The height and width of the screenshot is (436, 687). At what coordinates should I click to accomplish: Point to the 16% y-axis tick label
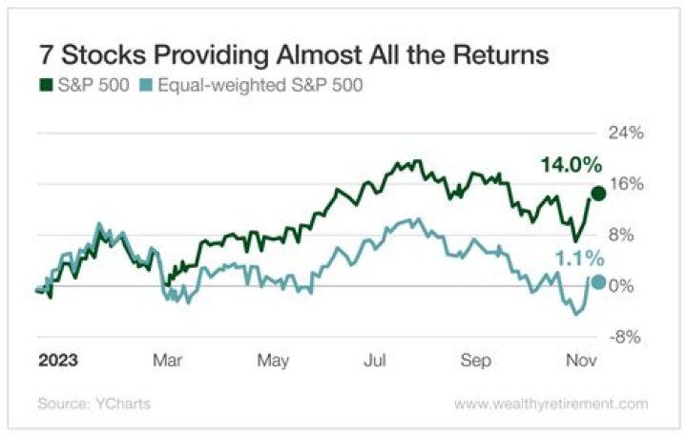pyautogui.click(x=627, y=184)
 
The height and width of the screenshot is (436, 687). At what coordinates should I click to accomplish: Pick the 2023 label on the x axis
pyautogui.click(x=57, y=362)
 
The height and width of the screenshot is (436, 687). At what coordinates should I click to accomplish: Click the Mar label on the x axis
pyautogui.click(x=168, y=362)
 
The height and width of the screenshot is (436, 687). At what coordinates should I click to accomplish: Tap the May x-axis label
pyautogui.click(x=273, y=362)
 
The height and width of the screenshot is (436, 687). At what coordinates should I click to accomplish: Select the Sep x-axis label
pyautogui.click(x=476, y=362)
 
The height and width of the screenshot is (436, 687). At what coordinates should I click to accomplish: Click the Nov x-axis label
pyautogui.click(x=582, y=362)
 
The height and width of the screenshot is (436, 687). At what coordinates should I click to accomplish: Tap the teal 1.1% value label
pyautogui.click(x=579, y=258)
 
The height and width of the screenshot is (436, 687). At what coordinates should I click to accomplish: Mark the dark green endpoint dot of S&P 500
pyautogui.click(x=598, y=194)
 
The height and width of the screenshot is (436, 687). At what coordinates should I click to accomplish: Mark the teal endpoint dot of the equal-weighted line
pyautogui.click(x=598, y=281)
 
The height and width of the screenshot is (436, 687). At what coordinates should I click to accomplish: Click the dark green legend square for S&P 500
pyautogui.click(x=44, y=85)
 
